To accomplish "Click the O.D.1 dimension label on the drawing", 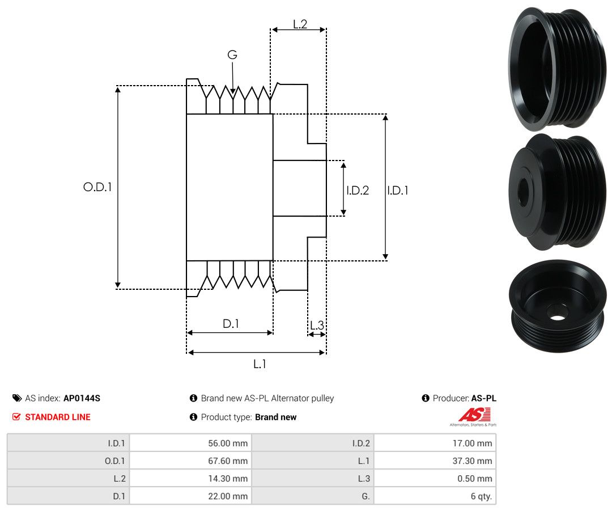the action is click(97, 187).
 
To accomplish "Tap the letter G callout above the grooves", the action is click(232, 54).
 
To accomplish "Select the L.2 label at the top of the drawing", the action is click(300, 24).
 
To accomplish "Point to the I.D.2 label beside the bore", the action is click(358, 190).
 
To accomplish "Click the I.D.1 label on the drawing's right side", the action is click(398, 190).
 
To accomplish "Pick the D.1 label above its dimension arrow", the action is click(231, 323).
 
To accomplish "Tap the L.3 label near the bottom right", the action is click(317, 325).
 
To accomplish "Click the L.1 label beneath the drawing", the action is click(260, 364).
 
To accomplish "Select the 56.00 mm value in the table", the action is click(228, 444).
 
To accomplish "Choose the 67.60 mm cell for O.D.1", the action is click(228, 461).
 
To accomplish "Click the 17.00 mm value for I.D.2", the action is click(472, 444).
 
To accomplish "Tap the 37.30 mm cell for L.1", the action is click(472, 461).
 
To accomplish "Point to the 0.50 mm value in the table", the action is click(475, 479).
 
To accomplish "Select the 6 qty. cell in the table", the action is click(481, 496).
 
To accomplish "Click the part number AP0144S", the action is click(82, 398).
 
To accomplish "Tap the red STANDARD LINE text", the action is click(58, 417).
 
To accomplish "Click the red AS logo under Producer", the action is click(475, 415).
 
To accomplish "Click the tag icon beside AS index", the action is click(17, 398).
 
